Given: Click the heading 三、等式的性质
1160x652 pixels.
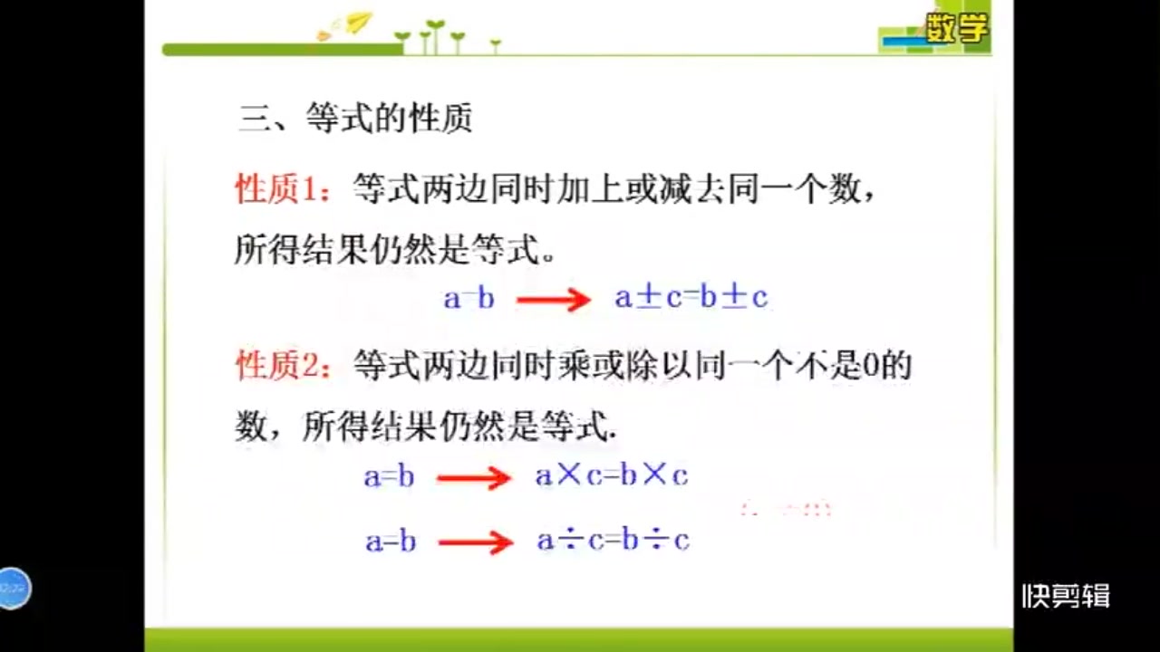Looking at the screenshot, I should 355,119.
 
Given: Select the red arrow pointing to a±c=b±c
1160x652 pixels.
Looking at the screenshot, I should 554,299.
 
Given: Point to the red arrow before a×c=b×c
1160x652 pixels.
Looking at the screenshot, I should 474,478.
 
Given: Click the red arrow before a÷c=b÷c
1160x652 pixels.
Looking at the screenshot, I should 476,542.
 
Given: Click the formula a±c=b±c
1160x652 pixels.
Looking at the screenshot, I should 691,297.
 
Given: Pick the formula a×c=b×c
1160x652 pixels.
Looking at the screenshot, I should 612,476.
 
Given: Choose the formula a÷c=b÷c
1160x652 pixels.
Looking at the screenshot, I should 613,541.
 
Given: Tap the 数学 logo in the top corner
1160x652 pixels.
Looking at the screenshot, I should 955,30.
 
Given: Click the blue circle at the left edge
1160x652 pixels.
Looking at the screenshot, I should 13,589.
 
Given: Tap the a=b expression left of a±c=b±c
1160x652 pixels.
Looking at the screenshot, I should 469,298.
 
